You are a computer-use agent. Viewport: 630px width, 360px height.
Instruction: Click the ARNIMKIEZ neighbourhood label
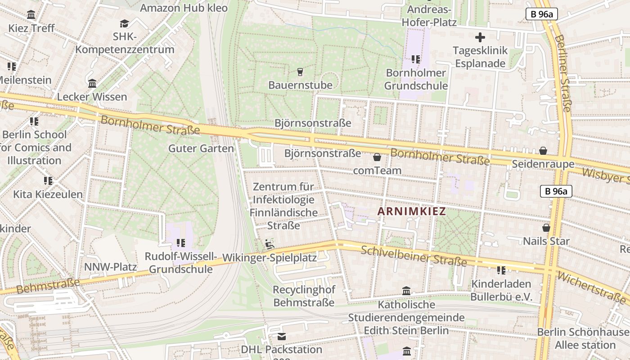coord(411,211)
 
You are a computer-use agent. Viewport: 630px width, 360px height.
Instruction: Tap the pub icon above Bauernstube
coord(300,72)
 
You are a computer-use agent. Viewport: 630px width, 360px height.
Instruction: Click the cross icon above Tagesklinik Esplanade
coord(480,37)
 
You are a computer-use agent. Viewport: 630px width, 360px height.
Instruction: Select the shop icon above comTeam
coord(377,157)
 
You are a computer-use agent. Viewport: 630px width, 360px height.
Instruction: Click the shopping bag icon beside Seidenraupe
coord(543,151)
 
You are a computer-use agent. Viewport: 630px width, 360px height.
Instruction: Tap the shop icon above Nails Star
coord(546,228)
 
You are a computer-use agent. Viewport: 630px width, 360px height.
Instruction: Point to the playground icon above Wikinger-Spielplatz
coord(270,244)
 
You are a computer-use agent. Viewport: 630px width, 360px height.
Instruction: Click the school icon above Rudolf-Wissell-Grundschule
coord(181,243)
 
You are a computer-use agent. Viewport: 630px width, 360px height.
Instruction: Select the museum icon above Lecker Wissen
coord(92,84)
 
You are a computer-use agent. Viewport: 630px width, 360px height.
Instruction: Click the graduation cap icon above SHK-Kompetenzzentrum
coord(124,23)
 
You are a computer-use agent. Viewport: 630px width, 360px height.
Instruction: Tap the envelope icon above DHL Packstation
coord(282,336)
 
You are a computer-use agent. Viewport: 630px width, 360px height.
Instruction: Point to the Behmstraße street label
coord(48,286)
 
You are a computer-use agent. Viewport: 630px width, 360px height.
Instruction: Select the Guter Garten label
coord(201,148)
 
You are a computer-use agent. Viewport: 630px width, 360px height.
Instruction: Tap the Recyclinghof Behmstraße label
coord(304,296)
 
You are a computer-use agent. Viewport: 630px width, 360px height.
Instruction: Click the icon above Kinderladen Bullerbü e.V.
coord(501,270)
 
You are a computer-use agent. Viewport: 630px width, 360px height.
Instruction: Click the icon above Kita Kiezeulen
coord(48,181)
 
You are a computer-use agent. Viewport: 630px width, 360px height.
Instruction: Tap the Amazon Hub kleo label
coord(184,8)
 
